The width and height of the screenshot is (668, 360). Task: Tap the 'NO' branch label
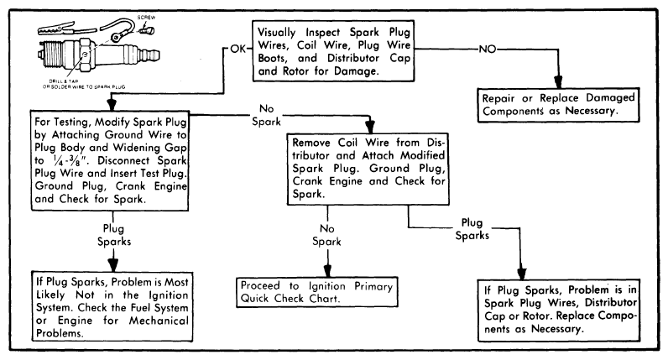[488, 48]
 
